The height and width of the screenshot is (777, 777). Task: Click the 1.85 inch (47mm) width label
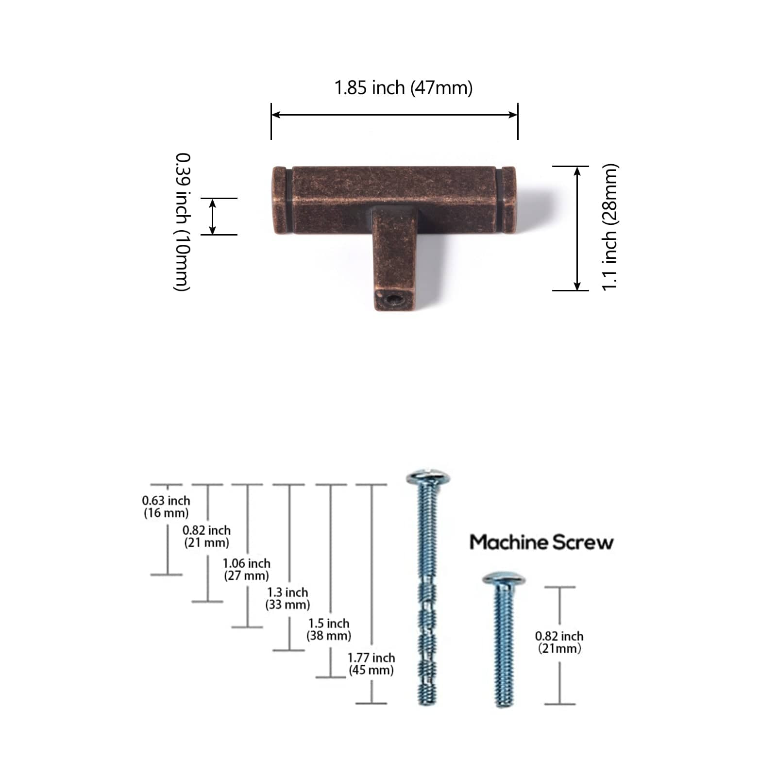click(x=404, y=88)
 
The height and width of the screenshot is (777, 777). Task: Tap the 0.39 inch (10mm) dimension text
click(x=183, y=222)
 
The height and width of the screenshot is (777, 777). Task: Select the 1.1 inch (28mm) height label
click(x=609, y=227)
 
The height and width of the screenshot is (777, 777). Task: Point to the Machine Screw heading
click(x=541, y=542)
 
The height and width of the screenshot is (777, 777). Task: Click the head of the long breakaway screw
click(x=428, y=477)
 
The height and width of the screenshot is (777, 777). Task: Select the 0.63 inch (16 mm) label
click(x=166, y=507)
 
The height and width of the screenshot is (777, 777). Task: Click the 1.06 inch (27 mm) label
click(x=247, y=569)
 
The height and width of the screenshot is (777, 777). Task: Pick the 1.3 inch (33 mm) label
click(x=287, y=598)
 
